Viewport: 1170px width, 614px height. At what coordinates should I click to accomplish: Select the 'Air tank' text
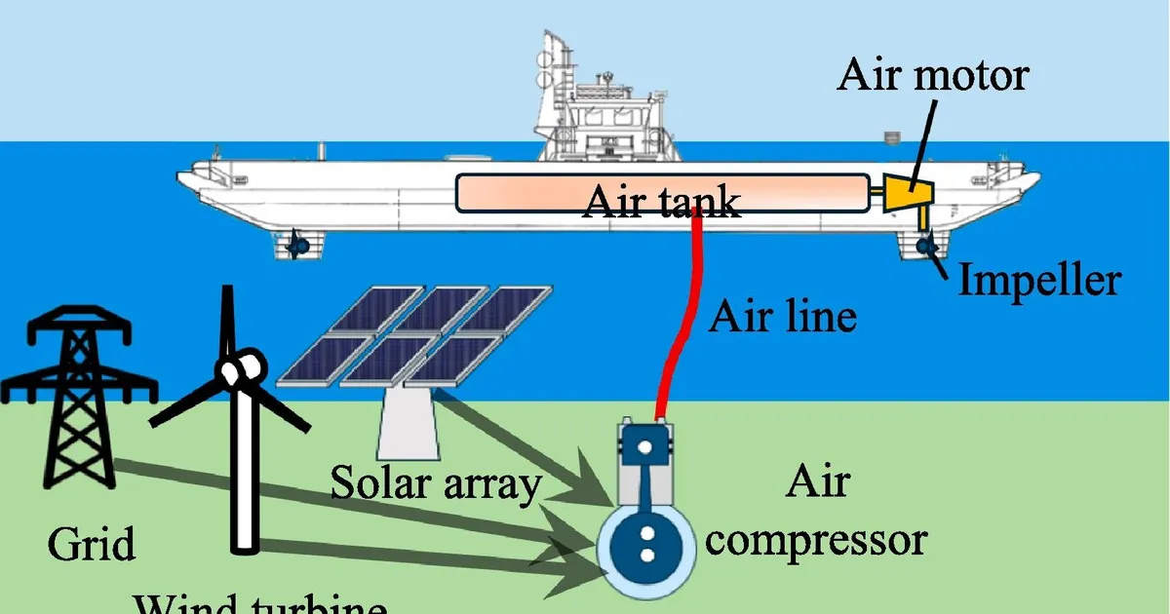[661, 201]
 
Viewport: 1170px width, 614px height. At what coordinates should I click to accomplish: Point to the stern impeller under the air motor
[925, 245]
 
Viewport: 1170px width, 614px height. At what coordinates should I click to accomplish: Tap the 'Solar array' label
[436, 482]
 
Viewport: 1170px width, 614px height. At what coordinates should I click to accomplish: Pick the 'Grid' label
[92, 544]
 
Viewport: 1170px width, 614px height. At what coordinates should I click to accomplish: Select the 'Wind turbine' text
[259, 605]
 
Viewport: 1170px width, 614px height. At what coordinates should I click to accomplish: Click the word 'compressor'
[815, 539]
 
